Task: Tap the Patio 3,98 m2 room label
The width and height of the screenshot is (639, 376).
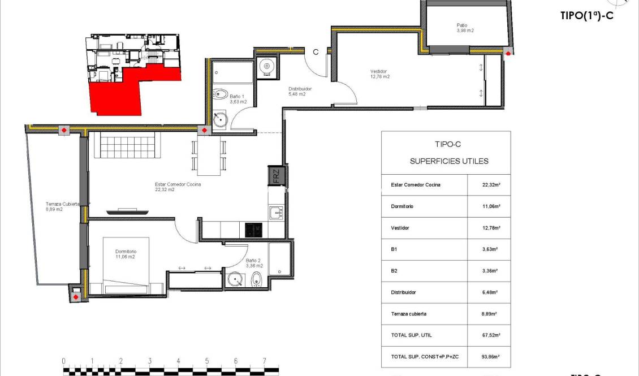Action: pyautogui.click(x=465, y=27)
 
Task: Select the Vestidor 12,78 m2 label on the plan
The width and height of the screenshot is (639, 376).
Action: pyautogui.click(x=380, y=74)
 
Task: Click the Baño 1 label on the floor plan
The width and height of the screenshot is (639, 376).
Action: pyautogui.click(x=238, y=99)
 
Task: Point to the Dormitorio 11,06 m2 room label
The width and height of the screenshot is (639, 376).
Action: pyautogui.click(x=126, y=254)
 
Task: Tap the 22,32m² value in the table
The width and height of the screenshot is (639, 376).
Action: pyautogui.click(x=489, y=185)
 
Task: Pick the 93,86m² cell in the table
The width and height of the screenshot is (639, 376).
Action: pyautogui.click(x=489, y=357)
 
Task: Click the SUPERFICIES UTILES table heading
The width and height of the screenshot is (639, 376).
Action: pyautogui.click(x=448, y=161)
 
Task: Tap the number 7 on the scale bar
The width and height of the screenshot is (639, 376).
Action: pyautogui.click(x=264, y=361)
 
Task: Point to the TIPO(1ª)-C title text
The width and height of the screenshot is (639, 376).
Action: pyautogui.click(x=586, y=16)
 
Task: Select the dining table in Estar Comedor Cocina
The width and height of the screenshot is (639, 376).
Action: pyautogui.click(x=209, y=155)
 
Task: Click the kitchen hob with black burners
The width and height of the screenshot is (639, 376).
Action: pyautogui.click(x=253, y=230)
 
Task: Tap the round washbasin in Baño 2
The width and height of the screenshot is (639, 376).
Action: pyautogui.click(x=235, y=279)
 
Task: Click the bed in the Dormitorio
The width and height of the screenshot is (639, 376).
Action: pyautogui.click(x=126, y=266)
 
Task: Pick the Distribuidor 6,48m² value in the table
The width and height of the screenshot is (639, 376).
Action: pyautogui.click(x=489, y=292)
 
